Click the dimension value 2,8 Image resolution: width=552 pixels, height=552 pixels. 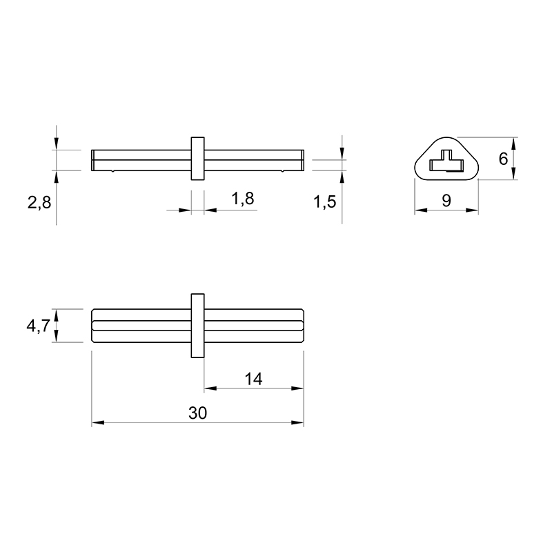click(x=39, y=203)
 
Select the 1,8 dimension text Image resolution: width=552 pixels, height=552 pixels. click(x=243, y=199)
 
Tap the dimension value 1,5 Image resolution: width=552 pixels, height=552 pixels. click(x=324, y=201)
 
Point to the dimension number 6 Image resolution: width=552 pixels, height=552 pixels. click(x=504, y=159)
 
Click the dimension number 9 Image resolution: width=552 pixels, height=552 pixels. click(x=446, y=200)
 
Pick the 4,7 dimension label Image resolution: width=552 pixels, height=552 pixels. click(x=39, y=326)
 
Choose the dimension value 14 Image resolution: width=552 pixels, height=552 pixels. click(x=253, y=379)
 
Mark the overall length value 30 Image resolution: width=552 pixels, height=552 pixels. click(x=197, y=413)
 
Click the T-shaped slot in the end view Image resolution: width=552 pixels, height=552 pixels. click(x=446, y=161)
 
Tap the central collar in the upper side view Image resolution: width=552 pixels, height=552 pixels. click(x=197, y=159)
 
